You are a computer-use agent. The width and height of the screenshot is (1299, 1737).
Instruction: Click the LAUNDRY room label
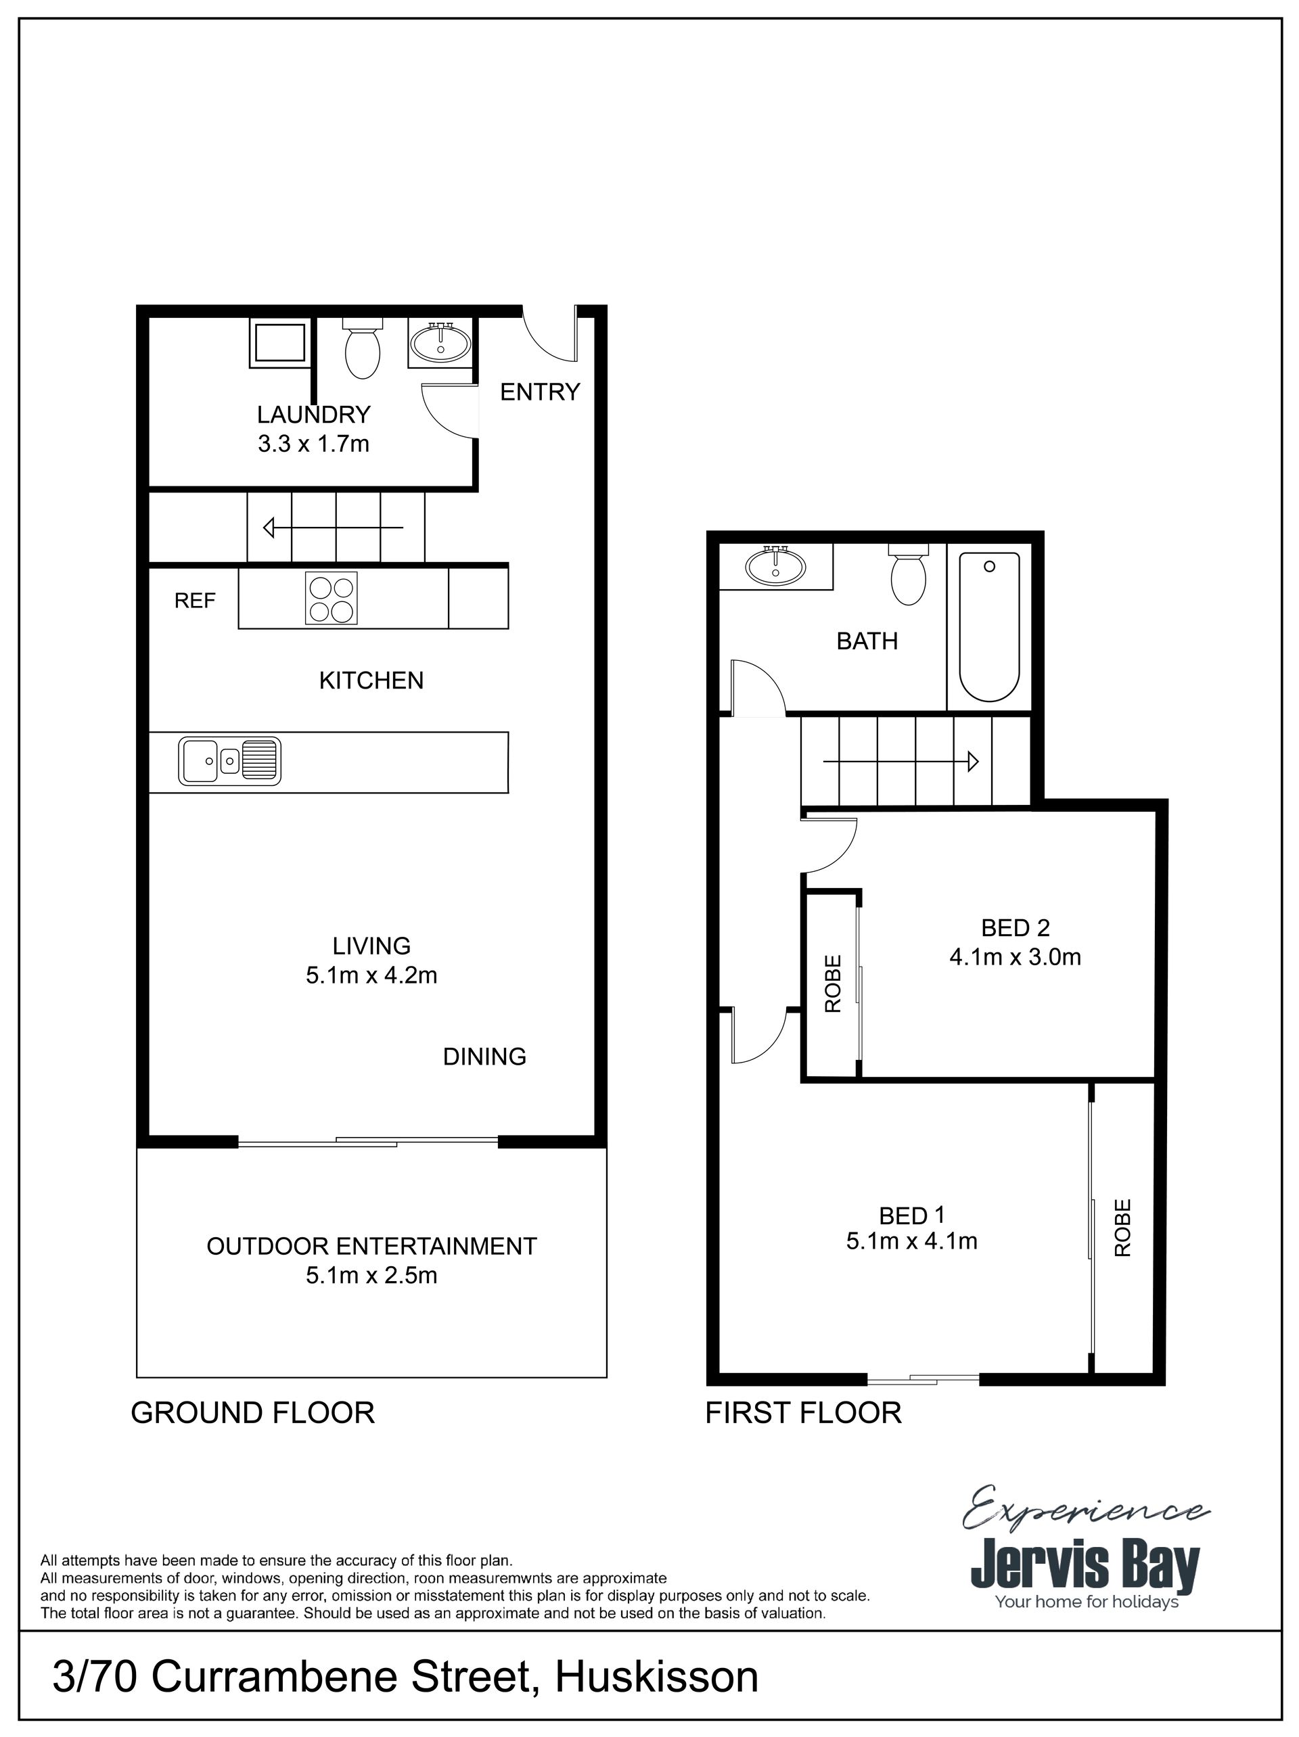tap(313, 414)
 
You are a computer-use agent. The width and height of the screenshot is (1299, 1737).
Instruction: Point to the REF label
tap(195, 601)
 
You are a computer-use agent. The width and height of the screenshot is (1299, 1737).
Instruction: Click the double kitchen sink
tap(229, 760)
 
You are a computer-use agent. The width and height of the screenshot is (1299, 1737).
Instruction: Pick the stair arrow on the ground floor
tap(333, 527)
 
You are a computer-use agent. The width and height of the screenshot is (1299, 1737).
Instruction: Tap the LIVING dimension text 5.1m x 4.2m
tap(371, 975)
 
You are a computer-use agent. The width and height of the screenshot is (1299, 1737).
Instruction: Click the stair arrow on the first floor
tap(900, 761)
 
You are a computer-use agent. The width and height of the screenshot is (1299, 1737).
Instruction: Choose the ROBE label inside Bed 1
tap(1123, 1228)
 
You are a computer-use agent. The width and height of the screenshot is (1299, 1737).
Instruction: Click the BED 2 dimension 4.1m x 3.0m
tap(1016, 957)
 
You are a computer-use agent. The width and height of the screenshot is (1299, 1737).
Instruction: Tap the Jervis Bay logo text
tap(1085, 1567)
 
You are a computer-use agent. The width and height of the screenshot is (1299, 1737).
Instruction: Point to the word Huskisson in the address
tap(656, 1677)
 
